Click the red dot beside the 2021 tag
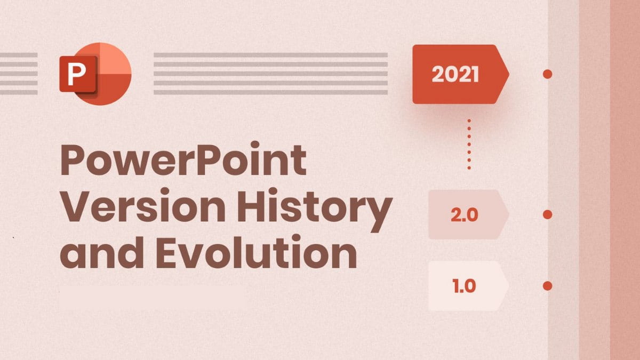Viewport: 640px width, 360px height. coord(547,74)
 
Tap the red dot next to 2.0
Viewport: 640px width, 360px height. coord(547,214)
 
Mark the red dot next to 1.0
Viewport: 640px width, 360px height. coord(547,286)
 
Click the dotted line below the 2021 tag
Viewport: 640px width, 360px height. coord(469,145)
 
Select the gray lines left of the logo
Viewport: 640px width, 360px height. coord(19,74)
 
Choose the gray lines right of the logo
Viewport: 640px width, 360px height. coord(270,74)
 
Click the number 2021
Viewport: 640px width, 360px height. coord(455,75)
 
